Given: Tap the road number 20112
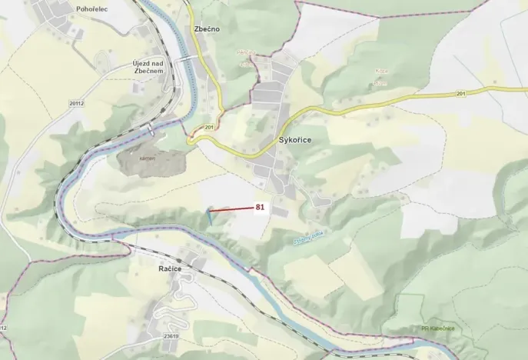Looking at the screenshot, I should (x=75, y=102).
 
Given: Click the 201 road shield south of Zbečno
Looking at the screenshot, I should (x=209, y=126).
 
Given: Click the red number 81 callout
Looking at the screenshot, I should (x=260, y=207).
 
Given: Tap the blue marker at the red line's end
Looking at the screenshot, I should (x=208, y=216).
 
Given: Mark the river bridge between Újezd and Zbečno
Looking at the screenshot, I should (x=186, y=59).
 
